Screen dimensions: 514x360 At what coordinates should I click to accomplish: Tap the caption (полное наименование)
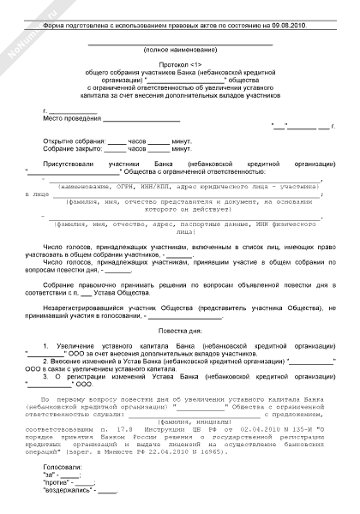[180, 52]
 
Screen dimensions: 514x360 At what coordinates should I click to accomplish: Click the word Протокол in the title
[167, 66]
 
